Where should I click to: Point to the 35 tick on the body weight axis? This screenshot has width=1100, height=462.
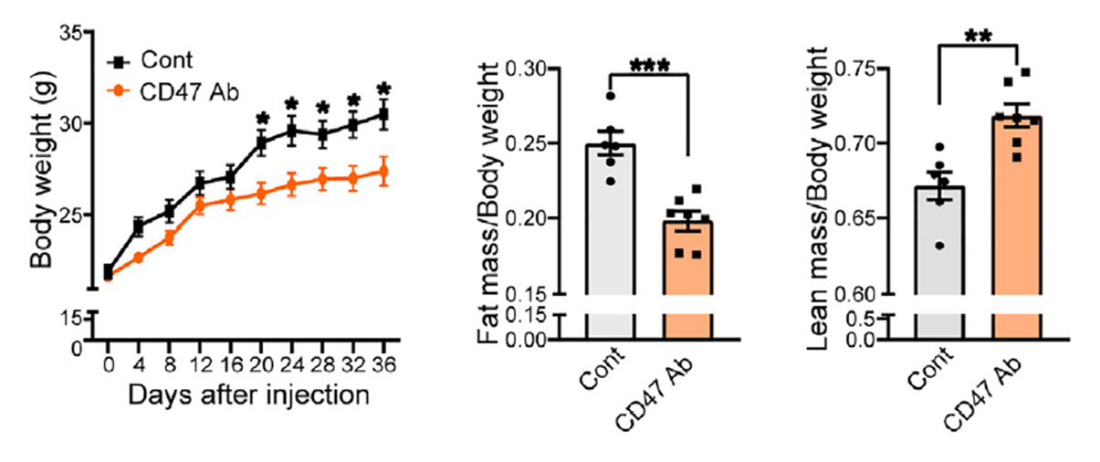click(x=71, y=33)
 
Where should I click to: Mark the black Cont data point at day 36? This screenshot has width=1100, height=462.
click(x=383, y=114)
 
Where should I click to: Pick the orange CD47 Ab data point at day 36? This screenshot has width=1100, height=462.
click(x=383, y=171)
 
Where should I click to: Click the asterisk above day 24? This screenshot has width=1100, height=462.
click(x=292, y=105)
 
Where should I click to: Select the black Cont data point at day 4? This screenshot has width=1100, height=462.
click(x=138, y=226)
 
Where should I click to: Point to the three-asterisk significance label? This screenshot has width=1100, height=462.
click(x=650, y=67)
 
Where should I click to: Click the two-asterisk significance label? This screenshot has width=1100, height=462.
click(x=978, y=38)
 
